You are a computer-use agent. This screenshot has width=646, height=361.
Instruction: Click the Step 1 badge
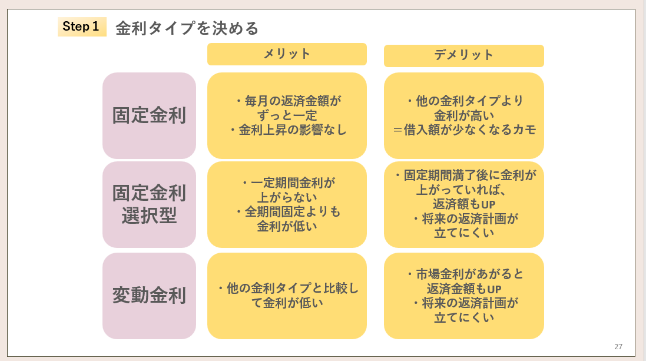point(81,27)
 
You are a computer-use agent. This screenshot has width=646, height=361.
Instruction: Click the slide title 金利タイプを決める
point(187,28)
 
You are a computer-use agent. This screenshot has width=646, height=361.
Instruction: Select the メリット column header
point(287,54)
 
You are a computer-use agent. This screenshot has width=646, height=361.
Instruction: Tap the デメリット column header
point(463,55)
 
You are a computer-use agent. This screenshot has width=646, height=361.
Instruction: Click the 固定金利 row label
point(149,115)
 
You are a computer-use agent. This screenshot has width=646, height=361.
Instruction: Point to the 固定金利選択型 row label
point(149,204)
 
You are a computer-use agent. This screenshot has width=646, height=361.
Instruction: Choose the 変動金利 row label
point(149,295)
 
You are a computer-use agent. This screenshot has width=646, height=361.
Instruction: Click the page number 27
point(618,346)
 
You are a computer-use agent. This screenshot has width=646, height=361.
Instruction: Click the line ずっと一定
point(287,115)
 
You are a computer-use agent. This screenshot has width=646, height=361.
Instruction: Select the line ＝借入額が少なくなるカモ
point(464,130)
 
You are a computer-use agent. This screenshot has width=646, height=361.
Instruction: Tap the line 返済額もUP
point(464,204)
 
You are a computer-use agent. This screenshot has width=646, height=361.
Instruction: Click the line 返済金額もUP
point(464,289)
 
